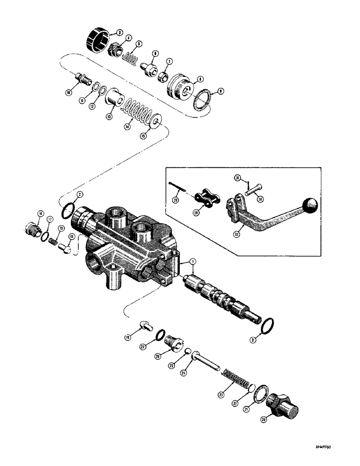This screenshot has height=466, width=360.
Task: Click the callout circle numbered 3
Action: click(x=119, y=33)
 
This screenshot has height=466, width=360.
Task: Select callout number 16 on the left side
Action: click(x=41, y=214)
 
